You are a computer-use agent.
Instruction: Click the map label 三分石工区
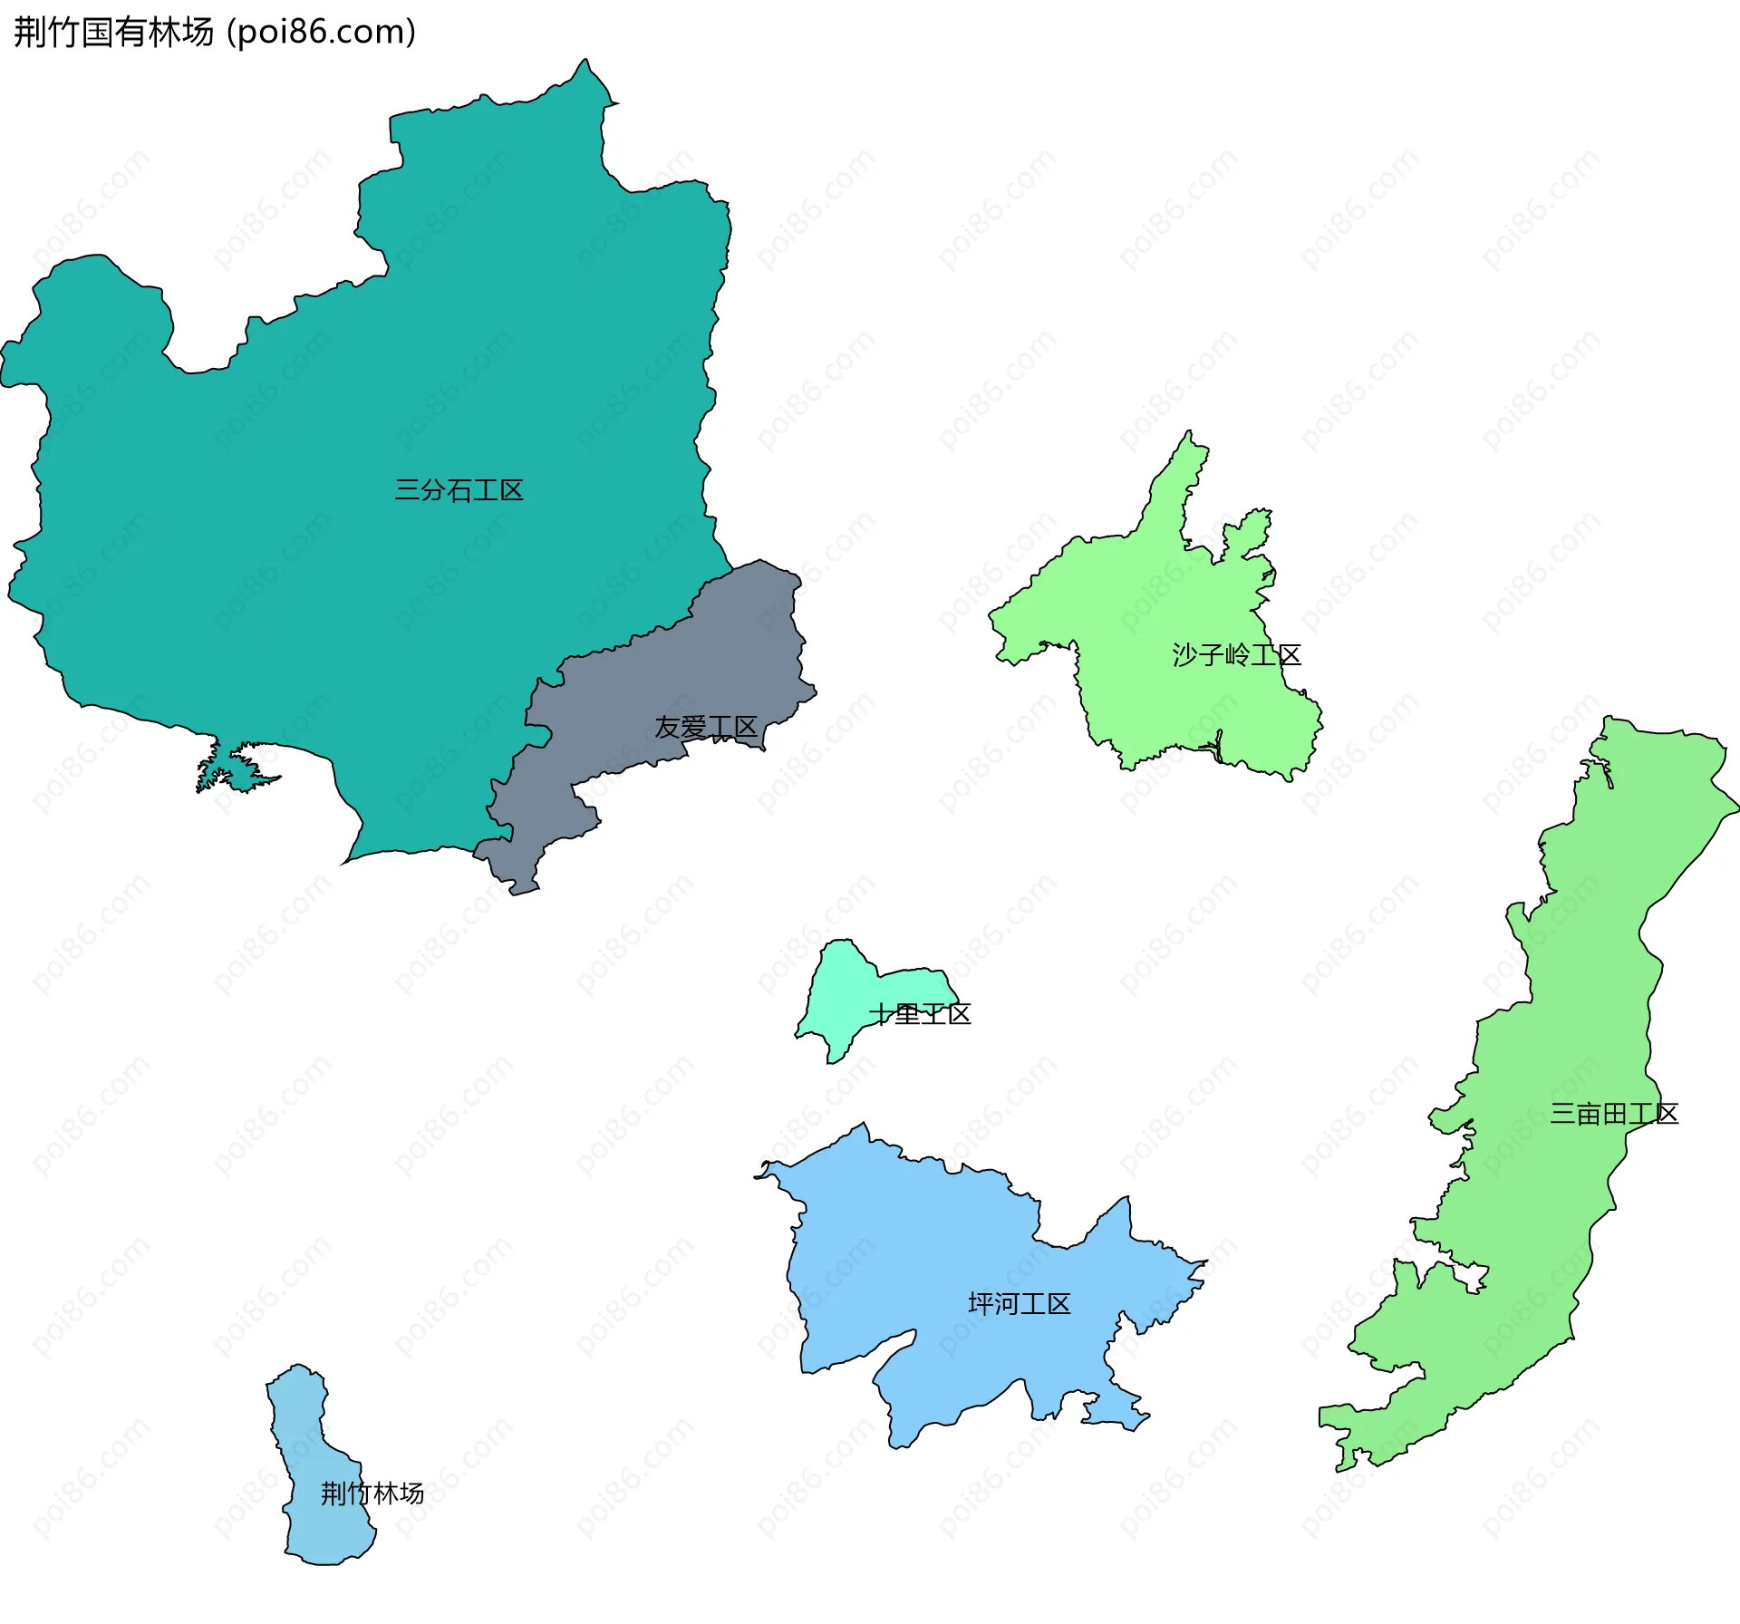click(x=459, y=491)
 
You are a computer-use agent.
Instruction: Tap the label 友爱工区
click(x=705, y=727)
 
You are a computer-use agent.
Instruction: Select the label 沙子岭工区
click(x=1236, y=654)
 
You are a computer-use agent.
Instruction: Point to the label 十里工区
click(x=920, y=1014)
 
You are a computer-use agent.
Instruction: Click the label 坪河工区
click(x=1019, y=1304)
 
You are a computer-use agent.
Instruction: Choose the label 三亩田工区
click(x=1613, y=1114)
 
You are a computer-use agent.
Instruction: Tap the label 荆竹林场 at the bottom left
click(x=372, y=1493)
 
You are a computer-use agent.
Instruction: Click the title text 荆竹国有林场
click(x=114, y=33)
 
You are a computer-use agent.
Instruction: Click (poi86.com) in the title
click(x=322, y=33)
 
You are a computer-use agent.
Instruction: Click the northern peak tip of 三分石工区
click(x=585, y=62)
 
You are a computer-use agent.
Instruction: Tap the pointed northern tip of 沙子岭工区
click(x=1189, y=433)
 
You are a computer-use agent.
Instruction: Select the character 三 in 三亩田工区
click(x=1562, y=1114)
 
